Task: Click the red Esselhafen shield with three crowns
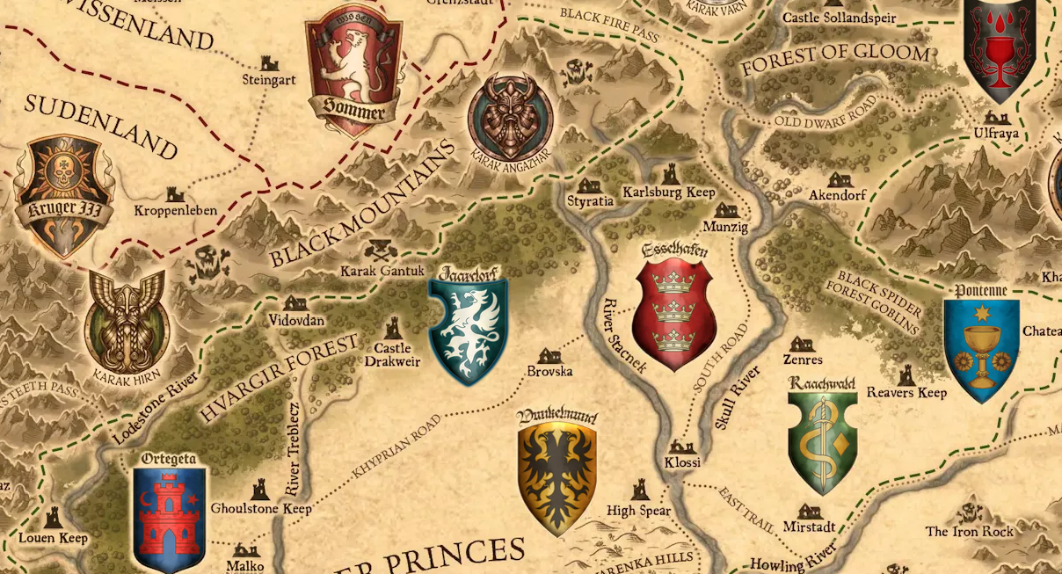click(x=675, y=313)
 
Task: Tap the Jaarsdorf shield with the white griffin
click(x=469, y=331)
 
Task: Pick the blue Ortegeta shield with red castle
click(x=169, y=519)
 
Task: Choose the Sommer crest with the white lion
click(x=353, y=70)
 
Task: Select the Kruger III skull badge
click(x=64, y=195)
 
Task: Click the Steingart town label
click(x=269, y=80)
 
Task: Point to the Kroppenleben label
click(x=176, y=211)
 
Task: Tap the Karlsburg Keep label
click(x=669, y=192)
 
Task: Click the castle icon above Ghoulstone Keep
click(x=260, y=490)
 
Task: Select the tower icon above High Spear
click(x=640, y=490)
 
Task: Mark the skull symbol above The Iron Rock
click(x=970, y=512)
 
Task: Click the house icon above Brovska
click(x=550, y=354)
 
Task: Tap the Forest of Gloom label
click(x=834, y=60)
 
